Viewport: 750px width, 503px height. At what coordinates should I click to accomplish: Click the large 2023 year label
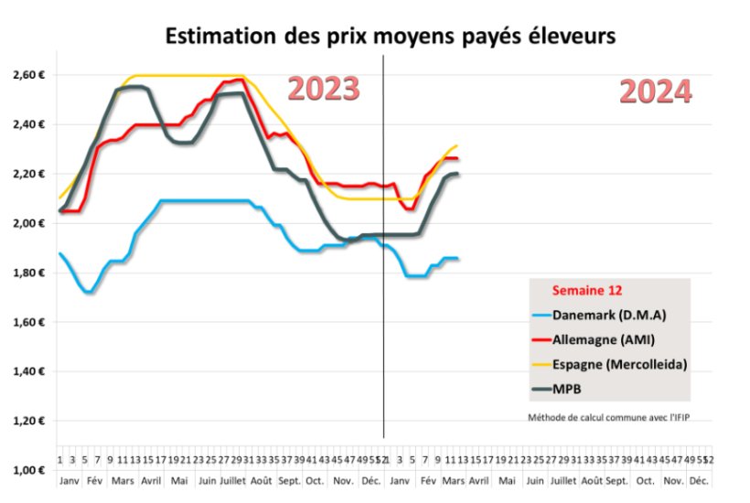324,89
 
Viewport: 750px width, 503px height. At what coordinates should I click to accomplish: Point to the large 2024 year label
655,91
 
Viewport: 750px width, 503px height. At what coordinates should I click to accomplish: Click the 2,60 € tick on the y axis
27,74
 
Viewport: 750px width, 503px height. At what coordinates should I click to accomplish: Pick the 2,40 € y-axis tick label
27,123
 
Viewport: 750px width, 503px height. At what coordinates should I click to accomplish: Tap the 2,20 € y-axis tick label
27,173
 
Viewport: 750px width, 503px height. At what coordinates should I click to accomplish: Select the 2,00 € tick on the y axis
27,223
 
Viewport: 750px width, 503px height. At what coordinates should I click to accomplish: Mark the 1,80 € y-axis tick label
27,273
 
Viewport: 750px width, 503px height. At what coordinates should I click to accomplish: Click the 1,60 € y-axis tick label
27,322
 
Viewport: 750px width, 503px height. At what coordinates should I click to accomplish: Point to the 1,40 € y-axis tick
27,371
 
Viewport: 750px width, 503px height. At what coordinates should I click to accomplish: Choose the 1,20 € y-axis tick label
27,421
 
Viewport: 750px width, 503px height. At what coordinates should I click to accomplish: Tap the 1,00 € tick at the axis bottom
27,470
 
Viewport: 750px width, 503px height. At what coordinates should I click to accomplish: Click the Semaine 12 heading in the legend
586,291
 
